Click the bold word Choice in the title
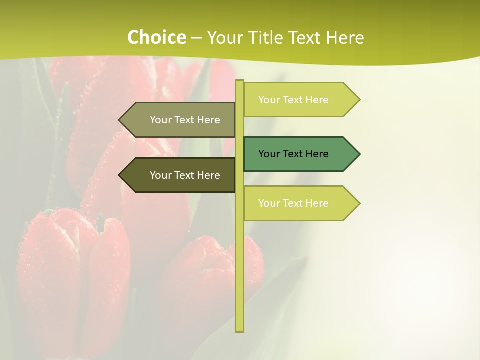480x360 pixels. point(156,38)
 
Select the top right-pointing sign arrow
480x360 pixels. point(300,100)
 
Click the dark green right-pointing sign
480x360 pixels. point(300,154)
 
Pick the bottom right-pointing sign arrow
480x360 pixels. point(300,203)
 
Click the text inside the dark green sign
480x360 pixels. point(293,154)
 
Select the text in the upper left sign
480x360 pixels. point(185,120)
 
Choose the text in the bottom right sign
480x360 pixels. point(293,203)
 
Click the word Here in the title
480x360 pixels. point(345,38)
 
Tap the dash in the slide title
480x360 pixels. point(196,38)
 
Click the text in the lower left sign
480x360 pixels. point(185,175)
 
